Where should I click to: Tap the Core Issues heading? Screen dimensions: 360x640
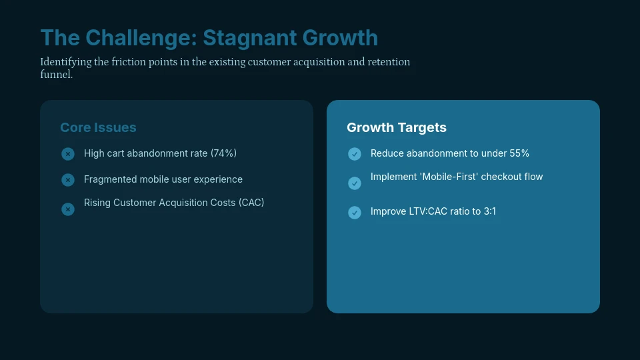coord(98,127)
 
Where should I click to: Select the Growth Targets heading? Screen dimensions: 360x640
coord(397,127)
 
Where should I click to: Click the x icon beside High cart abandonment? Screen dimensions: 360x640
coord(68,154)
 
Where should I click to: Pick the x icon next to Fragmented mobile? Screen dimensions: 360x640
coord(68,180)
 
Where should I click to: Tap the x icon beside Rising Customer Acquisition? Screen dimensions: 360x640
coord(68,209)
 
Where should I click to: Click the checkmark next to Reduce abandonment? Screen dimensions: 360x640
coord(355,154)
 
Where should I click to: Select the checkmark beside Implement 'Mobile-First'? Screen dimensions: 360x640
coord(355,183)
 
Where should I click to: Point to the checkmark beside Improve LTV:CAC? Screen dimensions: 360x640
coord(355,213)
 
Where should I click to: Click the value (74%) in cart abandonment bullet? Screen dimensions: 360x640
coord(223,153)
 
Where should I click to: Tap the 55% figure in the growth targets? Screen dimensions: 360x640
coord(519,153)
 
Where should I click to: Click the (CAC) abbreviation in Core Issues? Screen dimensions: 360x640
coord(251,203)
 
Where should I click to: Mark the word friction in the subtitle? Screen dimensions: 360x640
coord(124,62)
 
